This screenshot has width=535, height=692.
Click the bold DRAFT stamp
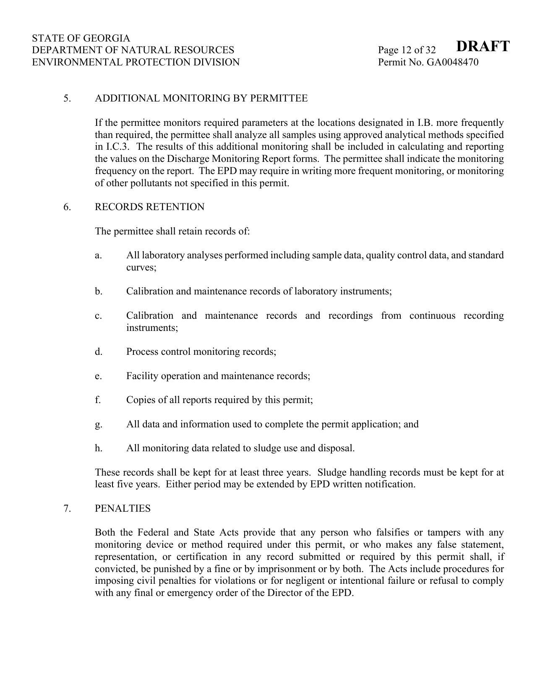click(483, 46)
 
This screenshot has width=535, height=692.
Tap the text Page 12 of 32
click(407, 50)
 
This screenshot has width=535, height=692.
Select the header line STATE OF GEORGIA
click(81, 38)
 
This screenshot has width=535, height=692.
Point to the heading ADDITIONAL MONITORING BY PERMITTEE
click(201, 98)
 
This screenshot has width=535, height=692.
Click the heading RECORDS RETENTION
click(150, 207)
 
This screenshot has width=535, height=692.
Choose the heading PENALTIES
click(123, 508)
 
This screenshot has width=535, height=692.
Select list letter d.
click(98, 351)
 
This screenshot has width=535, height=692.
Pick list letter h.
click(98, 448)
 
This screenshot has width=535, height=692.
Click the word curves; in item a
click(141, 267)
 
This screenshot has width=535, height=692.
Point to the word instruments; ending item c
click(152, 328)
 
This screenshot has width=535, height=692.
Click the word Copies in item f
click(140, 400)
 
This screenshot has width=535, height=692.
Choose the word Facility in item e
click(142, 376)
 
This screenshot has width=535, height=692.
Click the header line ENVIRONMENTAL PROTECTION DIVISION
click(136, 62)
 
